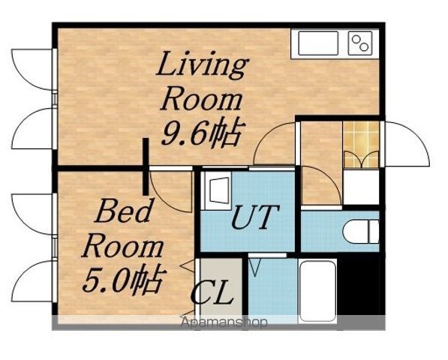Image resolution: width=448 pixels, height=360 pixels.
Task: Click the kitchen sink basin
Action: [318, 43]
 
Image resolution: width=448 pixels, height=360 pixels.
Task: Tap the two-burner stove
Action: [360, 43]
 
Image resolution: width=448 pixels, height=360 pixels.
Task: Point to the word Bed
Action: [123, 211]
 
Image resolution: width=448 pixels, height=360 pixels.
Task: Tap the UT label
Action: [255, 217]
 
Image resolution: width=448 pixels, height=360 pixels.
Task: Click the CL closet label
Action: [212, 292]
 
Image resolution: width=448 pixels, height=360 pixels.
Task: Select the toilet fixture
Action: [360, 231]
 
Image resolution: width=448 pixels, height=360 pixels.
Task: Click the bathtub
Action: [317, 291]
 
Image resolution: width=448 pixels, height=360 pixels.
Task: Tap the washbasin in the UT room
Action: [216, 190]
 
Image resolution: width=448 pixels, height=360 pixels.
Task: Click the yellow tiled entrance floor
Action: [362, 145]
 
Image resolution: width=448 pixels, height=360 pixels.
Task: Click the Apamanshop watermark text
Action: [224, 322]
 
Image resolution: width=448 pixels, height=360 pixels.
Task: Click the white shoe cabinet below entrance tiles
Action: [361, 187]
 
